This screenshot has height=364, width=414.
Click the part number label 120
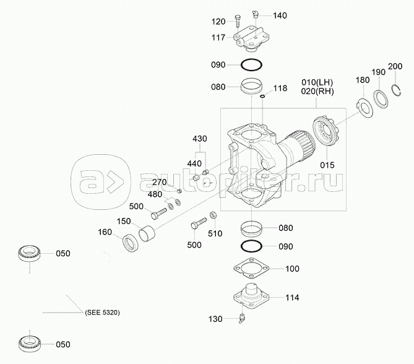click(218, 22)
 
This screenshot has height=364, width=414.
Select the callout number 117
click(218, 37)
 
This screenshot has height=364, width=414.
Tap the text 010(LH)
click(317, 82)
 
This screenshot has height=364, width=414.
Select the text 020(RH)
click(317, 92)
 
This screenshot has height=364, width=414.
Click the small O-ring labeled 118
click(262, 97)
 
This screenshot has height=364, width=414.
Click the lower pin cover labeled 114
click(251, 296)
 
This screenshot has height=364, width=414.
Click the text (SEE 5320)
click(101, 313)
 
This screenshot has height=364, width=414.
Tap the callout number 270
click(160, 183)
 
